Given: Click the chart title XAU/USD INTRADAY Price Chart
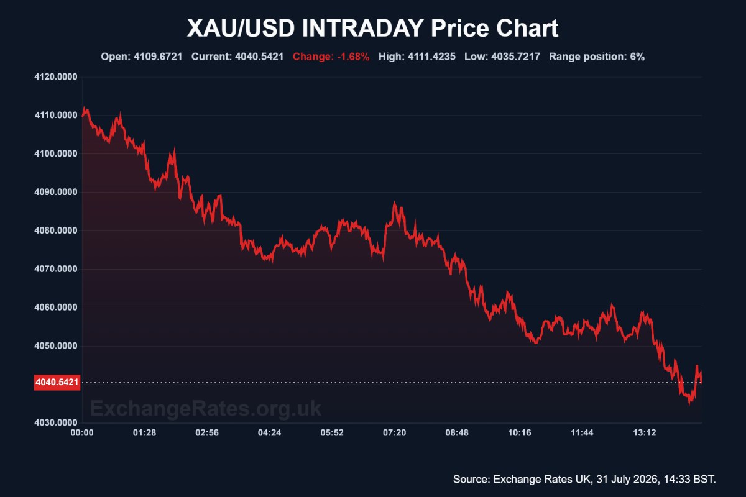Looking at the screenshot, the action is click(372, 28).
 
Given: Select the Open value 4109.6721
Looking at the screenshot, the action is click(158, 57).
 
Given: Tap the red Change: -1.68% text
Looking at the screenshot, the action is click(331, 57).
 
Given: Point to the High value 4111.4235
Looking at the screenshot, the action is click(431, 57).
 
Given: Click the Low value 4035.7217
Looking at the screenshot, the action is click(515, 57).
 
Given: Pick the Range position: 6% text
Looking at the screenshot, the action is click(597, 57).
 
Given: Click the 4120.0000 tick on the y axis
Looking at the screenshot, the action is click(55, 77).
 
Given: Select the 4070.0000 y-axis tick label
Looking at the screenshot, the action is click(55, 269).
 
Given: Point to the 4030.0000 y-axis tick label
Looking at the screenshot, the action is click(55, 422).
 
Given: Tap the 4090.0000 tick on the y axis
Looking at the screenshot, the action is click(55, 192).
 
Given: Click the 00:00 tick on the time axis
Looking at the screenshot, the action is click(82, 433).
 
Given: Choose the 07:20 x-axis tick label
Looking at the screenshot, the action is click(394, 433).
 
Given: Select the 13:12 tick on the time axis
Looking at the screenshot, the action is click(645, 433).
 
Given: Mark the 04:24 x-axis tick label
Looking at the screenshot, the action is click(269, 433).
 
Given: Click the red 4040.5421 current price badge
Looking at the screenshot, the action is click(57, 382).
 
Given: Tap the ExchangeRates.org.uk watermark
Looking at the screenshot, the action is click(206, 409).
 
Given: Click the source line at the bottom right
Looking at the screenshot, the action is click(584, 480).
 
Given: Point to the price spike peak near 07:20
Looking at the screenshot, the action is click(395, 202).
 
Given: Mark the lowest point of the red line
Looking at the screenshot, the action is click(689, 404).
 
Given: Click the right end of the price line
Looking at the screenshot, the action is click(702, 382).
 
